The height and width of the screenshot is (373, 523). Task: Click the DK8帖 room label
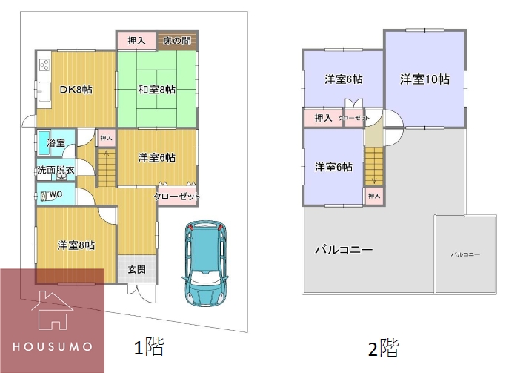[76, 89]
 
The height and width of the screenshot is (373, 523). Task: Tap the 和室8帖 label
[156, 90]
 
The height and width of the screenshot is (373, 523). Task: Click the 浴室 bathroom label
[56, 142]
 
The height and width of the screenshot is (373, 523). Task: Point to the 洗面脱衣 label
[56, 170]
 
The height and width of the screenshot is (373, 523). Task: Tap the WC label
[55, 195]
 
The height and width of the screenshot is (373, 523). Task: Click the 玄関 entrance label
[136, 269]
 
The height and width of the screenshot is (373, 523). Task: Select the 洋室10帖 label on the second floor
[425, 79]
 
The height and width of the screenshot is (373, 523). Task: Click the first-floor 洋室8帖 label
[76, 245]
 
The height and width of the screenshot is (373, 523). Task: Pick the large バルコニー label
[344, 249]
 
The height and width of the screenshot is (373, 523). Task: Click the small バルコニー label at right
[466, 254]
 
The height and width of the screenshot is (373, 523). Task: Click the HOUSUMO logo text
[52, 346]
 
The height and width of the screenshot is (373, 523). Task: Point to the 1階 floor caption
[148, 346]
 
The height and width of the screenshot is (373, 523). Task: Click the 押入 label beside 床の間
[136, 41]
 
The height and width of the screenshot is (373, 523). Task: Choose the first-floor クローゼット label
[177, 197]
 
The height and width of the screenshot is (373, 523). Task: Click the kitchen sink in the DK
[43, 92]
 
